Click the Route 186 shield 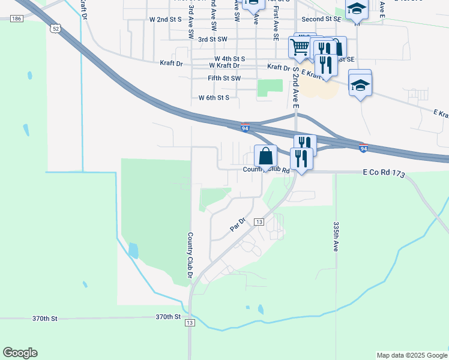[16, 19]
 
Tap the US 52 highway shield [56, 28]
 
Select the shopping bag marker [265, 157]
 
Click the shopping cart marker [299, 46]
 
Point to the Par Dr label [238, 225]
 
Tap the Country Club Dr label [189, 256]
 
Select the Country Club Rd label [267, 170]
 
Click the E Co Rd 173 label [385, 172]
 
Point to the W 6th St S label [214, 97]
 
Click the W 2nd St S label [165, 19]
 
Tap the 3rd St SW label [212, 39]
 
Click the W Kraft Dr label [224, 65]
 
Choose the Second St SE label [321, 19]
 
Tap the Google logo [20, 353]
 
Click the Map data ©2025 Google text [412, 355]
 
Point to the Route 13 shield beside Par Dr [259, 222]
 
